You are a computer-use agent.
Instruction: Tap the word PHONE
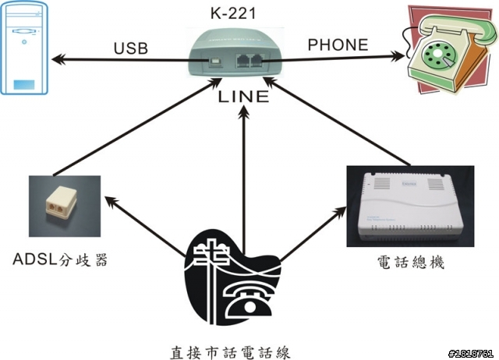(338, 44)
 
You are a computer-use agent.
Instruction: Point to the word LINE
(244, 97)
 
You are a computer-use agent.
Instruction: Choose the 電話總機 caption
(410, 263)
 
